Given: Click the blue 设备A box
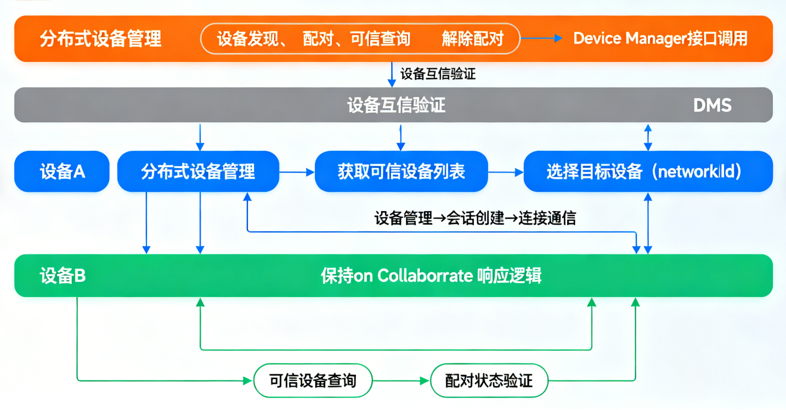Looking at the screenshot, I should click(x=62, y=172).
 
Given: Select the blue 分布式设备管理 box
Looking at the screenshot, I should click(x=198, y=172).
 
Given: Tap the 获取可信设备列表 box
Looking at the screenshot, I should click(x=401, y=172).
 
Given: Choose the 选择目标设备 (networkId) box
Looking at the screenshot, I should click(x=648, y=172).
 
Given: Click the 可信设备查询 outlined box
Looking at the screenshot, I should click(x=313, y=380).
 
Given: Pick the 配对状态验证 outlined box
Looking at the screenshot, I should click(x=489, y=380).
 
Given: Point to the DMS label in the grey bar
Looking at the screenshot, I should click(x=712, y=105).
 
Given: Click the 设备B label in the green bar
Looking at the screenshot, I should click(x=63, y=276).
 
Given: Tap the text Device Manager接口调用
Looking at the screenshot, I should click(x=660, y=38).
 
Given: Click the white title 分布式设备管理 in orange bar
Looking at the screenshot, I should click(x=100, y=39).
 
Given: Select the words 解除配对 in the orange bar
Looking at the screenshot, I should click(x=472, y=39).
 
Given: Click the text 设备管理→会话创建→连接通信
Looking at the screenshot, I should click(x=475, y=218).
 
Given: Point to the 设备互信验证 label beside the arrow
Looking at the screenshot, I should click(x=438, y=74).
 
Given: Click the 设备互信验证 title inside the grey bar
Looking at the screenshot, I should click(x=396, y=105).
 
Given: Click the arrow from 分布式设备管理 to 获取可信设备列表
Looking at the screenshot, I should click(x=297, y=172).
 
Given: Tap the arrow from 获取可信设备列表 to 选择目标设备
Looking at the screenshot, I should click(x=506, y=172).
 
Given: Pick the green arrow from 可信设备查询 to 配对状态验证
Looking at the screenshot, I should click(x=401, y=380).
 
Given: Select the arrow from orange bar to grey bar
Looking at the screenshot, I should click(x=392, y=75).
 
